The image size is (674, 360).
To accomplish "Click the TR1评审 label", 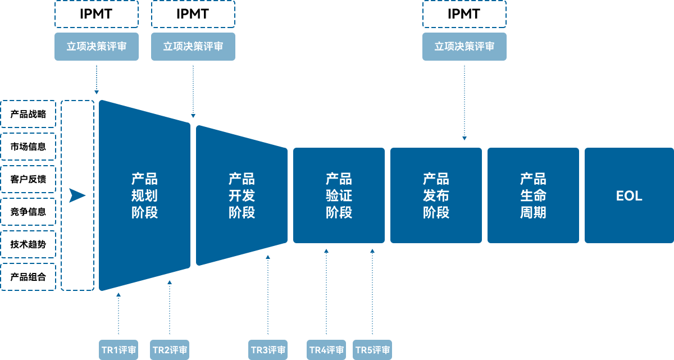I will pos(119,350).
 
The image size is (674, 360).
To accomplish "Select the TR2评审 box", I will pos(170,350).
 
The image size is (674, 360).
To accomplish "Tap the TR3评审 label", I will pos(268,350).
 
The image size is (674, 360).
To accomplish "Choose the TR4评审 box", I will pos(326,350).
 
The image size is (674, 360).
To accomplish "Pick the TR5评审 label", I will pos(372,350).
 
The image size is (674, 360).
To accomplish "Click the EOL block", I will pos(629,195).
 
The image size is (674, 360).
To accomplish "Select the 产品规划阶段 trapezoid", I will pos(144,195).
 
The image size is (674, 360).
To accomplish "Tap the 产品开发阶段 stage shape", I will pos(242,195).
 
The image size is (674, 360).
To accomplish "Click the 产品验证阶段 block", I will pos(339,195).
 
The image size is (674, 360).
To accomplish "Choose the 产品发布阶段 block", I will pos(436,195).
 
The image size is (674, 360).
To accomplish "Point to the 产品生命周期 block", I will pos(533,195).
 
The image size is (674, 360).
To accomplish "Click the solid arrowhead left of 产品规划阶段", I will pos(77,195).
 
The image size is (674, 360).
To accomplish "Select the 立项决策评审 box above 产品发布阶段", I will pos(464,47).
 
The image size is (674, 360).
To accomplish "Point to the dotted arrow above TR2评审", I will pos(170,309).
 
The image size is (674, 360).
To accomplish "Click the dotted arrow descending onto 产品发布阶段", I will pos(464,101).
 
